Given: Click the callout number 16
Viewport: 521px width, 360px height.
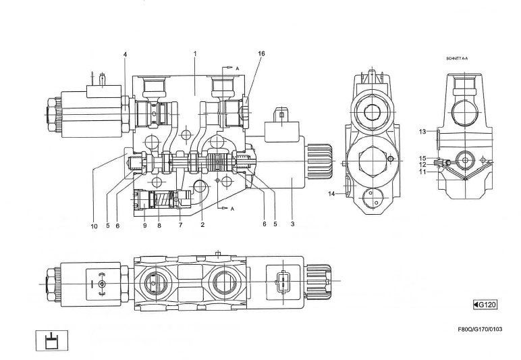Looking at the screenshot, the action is (x=261, y=53).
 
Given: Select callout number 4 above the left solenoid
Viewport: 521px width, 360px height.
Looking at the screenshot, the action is (x=126, y=55).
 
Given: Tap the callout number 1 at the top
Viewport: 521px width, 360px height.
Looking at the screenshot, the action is (x=196, y=53).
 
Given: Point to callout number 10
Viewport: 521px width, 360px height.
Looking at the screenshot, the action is (x=94, y=226).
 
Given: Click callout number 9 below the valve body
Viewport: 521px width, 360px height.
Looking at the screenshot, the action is (x=145, y=226).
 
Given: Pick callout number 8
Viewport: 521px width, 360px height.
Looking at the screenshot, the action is (x=159, y=226).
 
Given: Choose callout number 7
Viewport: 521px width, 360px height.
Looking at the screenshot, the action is (x=180, y=225).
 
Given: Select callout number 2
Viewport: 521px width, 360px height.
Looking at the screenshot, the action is (x=202, y=225).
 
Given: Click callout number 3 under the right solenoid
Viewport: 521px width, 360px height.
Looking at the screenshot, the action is (x=292, y=224).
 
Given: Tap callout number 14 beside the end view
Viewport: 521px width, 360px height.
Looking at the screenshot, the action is (x=331, y=194).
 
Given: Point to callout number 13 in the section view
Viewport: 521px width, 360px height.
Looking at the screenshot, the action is (x=422, y=132).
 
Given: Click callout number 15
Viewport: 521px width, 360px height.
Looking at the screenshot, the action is (x=422, y=159).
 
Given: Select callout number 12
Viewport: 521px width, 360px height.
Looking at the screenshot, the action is (x=422, y=165).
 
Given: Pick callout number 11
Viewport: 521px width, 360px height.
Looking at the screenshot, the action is (x=422, y=172).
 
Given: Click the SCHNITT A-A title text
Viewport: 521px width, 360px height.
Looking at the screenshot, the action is (x=456, y=59).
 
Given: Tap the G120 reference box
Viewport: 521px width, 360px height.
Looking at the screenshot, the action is (x=485, y=305).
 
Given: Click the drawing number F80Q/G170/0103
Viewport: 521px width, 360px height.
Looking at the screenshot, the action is (x=480, y=330).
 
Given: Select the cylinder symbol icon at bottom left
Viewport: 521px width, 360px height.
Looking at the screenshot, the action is (x=51, y=340).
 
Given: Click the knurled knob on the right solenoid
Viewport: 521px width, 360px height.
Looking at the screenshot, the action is (x=320, y=161).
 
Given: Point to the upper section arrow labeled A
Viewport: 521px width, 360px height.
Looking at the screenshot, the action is (x=231, y=68).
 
